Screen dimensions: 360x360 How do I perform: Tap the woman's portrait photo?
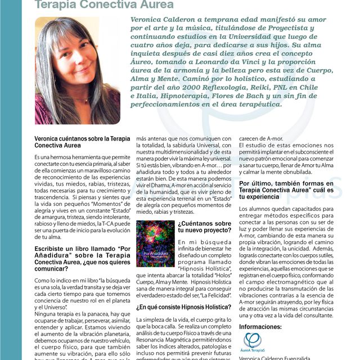(x=77, y=70)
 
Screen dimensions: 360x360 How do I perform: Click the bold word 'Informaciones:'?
(x=262, y=326)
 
